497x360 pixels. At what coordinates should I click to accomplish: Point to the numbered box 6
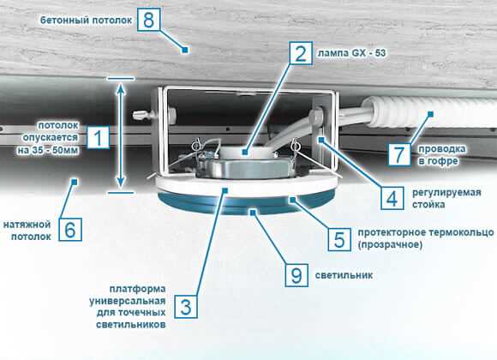72,229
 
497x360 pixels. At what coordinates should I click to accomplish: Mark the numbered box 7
398,153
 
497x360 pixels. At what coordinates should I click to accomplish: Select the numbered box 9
296,274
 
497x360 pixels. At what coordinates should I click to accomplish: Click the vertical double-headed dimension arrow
121,132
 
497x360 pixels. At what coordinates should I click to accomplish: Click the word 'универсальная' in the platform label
134,302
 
